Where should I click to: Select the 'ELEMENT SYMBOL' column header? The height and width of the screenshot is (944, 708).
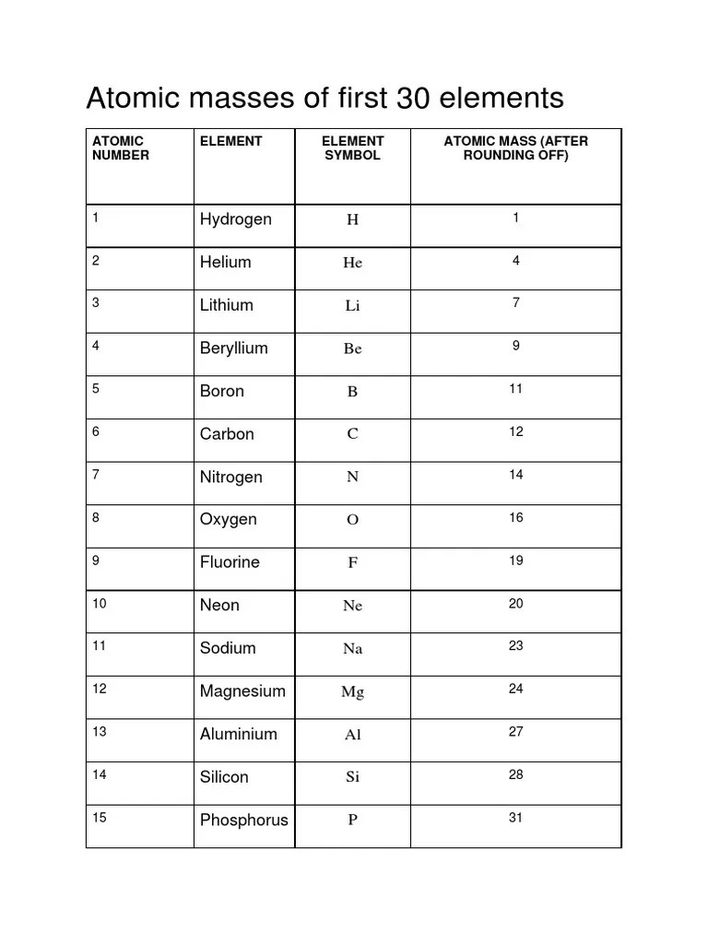352,148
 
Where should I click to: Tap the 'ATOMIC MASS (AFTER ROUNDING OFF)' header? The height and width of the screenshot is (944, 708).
515,148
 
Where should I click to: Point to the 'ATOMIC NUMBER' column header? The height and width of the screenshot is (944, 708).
120,148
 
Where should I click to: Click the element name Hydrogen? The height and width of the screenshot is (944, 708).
236,219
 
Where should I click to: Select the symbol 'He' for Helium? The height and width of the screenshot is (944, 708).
352,263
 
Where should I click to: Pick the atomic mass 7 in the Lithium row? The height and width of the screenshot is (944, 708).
516,303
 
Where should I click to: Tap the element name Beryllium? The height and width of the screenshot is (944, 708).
234,348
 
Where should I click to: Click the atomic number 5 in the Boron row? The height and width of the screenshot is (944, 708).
96,389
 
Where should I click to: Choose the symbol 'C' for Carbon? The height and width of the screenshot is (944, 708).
352,434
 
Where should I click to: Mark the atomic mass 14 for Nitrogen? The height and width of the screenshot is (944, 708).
515,475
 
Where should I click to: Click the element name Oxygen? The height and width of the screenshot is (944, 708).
229,520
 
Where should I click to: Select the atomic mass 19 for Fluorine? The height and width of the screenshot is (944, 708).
515,560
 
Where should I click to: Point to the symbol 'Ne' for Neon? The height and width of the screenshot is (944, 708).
352,606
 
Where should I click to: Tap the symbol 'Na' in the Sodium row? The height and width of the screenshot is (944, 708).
352,649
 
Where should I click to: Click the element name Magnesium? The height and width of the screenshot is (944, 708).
242,691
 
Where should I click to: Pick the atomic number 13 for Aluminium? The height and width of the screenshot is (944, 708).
100,732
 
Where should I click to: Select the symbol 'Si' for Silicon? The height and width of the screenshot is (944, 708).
352,777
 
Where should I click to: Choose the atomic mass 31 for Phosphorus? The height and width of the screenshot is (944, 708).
515,818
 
